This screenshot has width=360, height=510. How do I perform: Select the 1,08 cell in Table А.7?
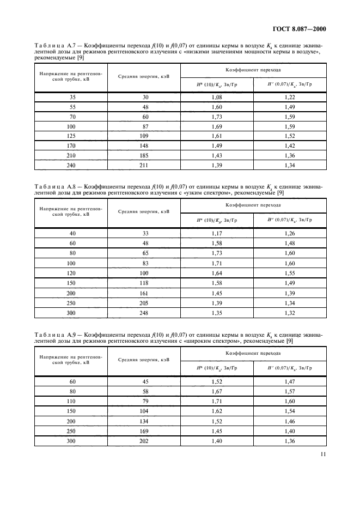pos(216,96)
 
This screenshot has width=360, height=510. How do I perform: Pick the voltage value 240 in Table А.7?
pos(72,165)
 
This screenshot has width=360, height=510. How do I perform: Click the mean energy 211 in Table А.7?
pos(144,165)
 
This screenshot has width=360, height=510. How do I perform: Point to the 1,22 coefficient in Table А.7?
pos(290,96)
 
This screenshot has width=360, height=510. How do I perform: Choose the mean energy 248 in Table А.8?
pos(144,312)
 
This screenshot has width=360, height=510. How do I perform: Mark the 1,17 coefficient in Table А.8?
pos(216,234)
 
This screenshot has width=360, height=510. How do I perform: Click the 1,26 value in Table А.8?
pos(290,234)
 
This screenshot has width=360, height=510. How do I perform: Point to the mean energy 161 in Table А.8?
pos(144,293)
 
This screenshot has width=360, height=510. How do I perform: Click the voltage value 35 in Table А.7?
pos(72,96)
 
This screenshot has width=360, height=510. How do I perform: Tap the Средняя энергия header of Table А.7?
pos(144,76)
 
